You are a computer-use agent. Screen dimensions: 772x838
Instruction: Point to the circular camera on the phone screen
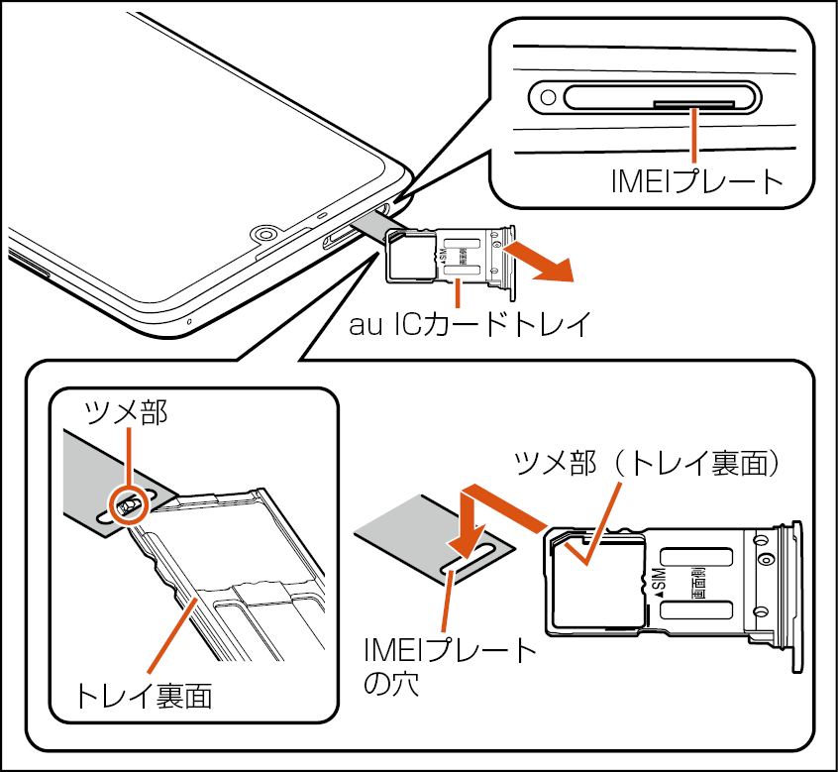[x=263, y=235]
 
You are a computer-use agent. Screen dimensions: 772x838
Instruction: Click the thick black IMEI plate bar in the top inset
[x=693, y=102]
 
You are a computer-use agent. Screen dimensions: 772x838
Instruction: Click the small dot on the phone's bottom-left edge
[x=188, y=321]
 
